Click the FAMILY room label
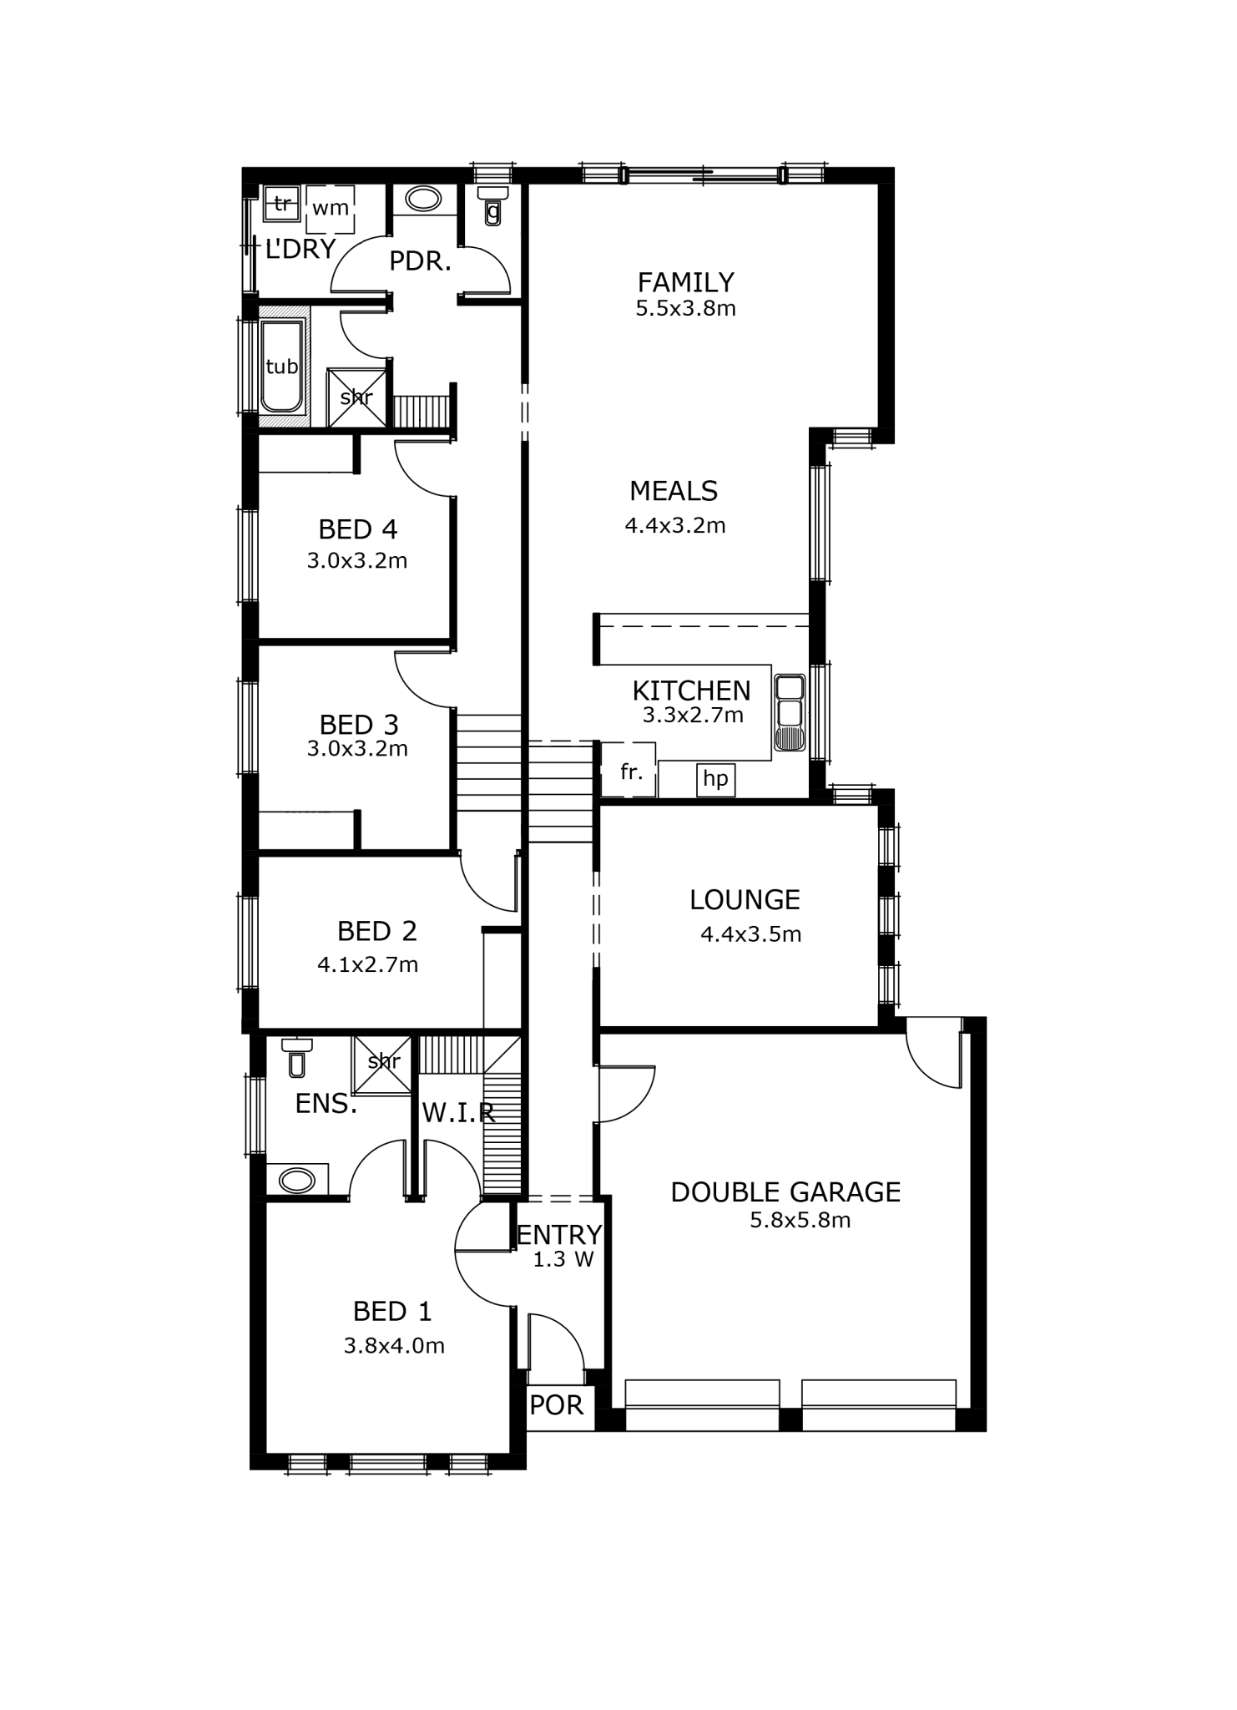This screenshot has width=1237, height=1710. pos(685,281)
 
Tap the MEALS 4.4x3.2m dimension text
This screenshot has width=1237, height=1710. pos(675,525)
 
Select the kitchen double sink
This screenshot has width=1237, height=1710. pos(789,713)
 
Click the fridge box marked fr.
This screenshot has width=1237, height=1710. pos(629,769)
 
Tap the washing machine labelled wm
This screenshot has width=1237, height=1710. pos(331,209)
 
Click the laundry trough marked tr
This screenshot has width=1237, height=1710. pos(282,203)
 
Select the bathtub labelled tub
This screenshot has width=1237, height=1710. pos(282,367)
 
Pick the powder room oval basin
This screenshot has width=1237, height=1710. pos(424,200)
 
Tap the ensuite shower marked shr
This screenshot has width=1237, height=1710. pos(381,1065)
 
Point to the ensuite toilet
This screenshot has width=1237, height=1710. pos(296,1057)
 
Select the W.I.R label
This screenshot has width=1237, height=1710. pos(458,1112)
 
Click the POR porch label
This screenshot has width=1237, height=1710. pos(557,1404)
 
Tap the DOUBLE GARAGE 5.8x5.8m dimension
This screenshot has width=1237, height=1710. pos(800,1220)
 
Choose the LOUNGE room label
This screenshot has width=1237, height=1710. pos(745,899)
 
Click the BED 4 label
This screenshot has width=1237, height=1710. pos(357,529)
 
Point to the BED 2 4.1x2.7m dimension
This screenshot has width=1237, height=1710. pos(367,964)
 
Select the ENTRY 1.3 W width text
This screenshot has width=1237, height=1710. pos(563,1259)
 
